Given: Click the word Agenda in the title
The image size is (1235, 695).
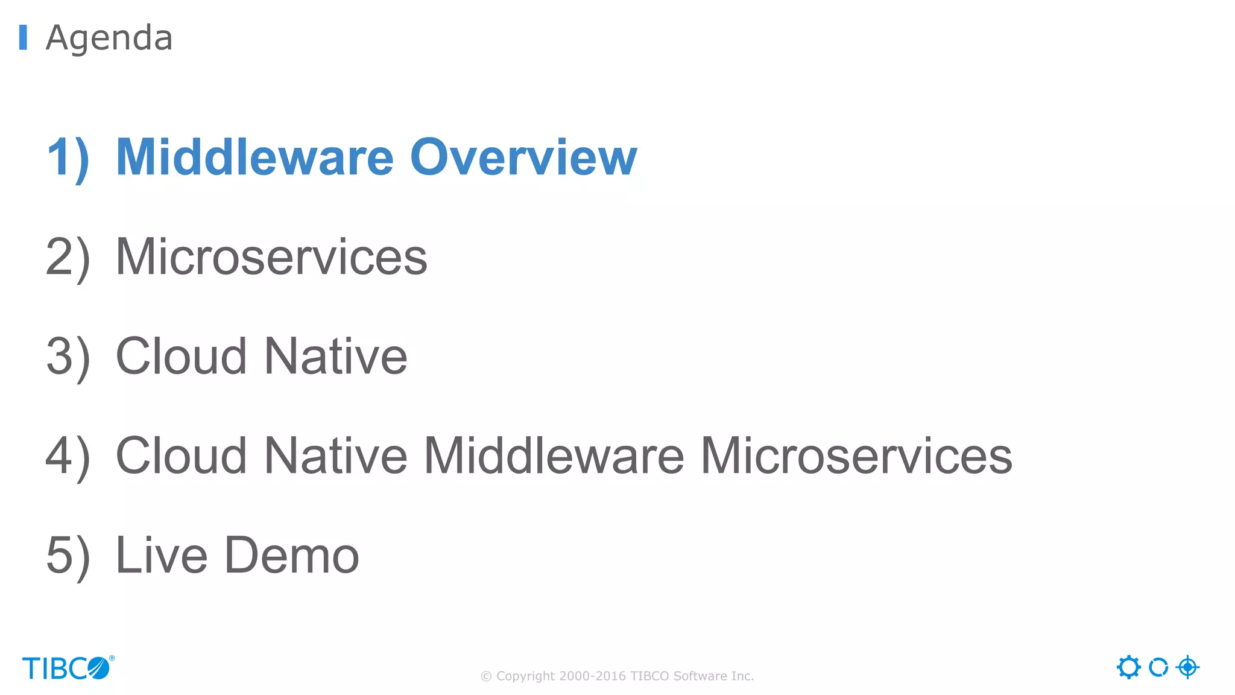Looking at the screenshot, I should point(109,38).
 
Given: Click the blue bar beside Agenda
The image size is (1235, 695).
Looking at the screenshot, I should point(23,37).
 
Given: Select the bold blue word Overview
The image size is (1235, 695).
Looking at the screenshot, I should point(523,157).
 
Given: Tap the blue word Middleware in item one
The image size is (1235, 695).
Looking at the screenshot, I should point(254,157).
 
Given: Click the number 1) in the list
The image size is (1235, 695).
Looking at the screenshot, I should point(68,158).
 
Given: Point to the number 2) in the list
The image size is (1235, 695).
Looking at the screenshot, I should point(68,258).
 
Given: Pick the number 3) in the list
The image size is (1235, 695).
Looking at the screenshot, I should point(68,357).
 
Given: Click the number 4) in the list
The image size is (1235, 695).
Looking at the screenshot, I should point(68,457).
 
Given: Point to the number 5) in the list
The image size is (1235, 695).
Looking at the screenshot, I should point(68,556).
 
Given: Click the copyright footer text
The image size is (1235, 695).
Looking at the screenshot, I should point(617,676).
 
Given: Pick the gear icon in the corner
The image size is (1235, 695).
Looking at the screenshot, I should point(1128,667).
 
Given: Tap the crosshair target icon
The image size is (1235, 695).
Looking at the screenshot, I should point(1187,667).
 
